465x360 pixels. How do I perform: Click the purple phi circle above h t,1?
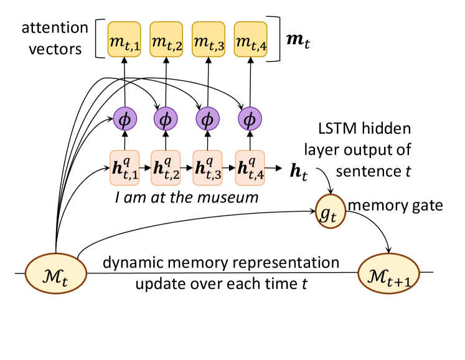click(x=124, y=118)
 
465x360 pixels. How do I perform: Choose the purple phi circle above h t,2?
click(x=166, y=118)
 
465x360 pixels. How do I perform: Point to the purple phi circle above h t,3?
click(x=208, y=118)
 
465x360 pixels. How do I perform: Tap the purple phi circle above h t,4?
click(x=250, y=118)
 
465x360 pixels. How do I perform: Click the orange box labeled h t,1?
click(x=125, y=168)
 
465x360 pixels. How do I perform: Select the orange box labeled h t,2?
click(x=166, y=168)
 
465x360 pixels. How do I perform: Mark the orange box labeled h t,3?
click(x=208, y=168)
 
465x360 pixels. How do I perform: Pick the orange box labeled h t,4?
click(x=250, y=168)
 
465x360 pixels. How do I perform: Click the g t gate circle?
click(x=330, y=212)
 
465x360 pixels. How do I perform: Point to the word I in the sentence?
click(x=118, y=198)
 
